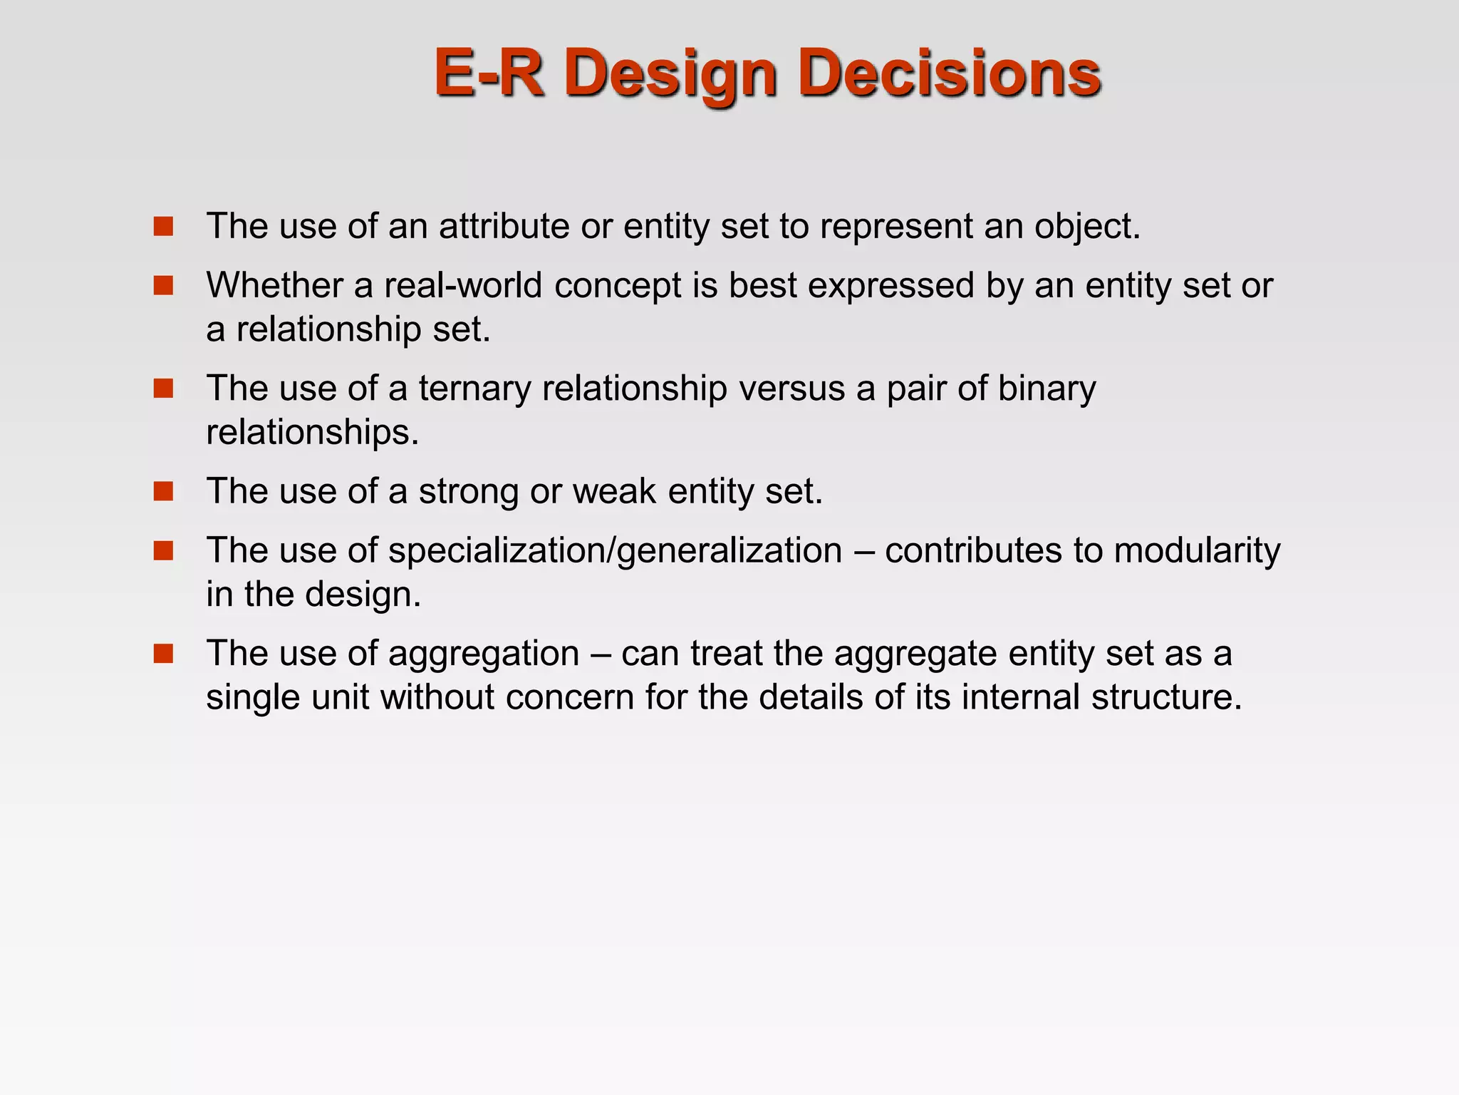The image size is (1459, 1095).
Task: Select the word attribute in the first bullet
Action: coord(504,226)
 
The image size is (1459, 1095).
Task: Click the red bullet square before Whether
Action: coord(163,286)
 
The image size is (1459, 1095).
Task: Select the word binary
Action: coord(1047,389)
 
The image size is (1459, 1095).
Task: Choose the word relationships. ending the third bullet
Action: coord(312,433)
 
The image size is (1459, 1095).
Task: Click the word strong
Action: coord(468,491)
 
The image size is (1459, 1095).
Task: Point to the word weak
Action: coord(614,491)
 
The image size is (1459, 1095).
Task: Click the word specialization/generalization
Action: coord(615,551)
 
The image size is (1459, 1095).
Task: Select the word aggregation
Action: coord(484,654)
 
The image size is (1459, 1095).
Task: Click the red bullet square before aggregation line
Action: coord(163,654)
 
